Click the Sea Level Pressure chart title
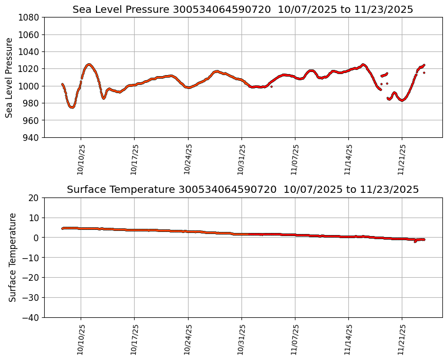(243, 10)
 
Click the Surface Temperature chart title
(243, 190)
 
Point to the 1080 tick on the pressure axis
(29, 17)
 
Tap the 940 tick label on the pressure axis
(31, 137)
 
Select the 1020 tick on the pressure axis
(29, 69)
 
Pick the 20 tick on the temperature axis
(34, 198)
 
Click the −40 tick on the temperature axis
(32, 318)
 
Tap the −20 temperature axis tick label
(32, 278)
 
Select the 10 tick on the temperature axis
(34, 218)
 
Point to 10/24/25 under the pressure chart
(188, 159)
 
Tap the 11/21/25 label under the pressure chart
(402, 159)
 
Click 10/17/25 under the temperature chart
(135, 339)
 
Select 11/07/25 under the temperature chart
(295, 339)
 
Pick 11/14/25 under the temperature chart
(349, 339)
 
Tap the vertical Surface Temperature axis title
(13, 257)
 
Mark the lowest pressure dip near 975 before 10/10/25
(72, 107)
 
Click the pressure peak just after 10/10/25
(89, 64)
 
